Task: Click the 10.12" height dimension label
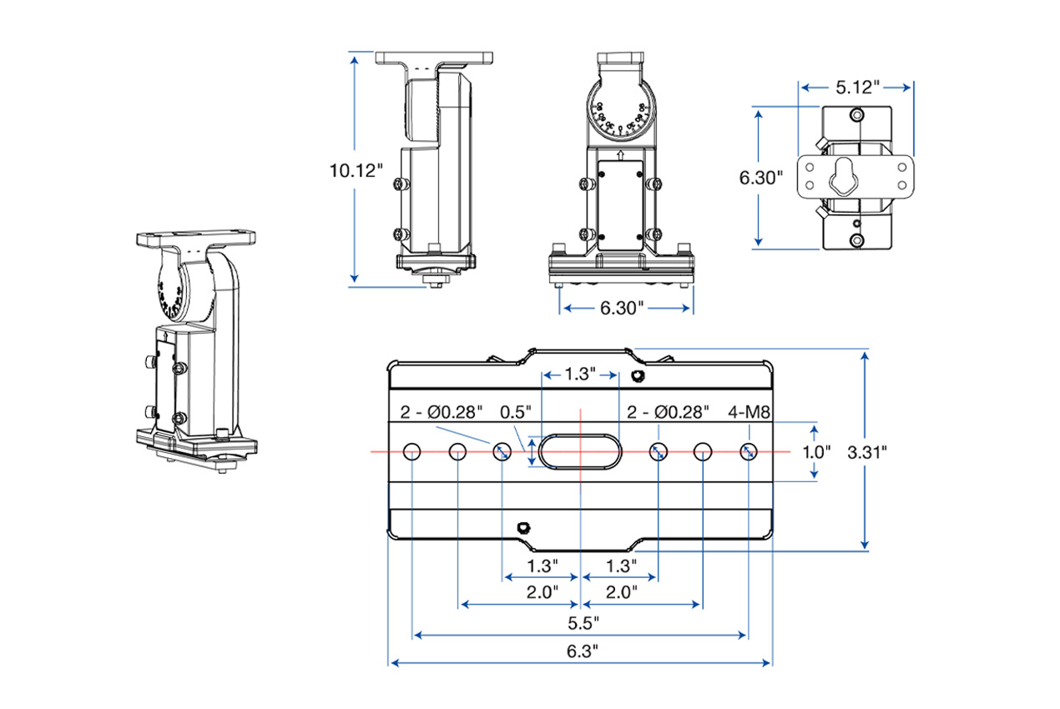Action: (x=356, y=171)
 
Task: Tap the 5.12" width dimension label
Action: (x=857, y=86)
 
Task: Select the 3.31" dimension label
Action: (x=866, y=451)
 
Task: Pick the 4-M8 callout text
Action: (x=749, y=411)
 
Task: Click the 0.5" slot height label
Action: (x=516, y=411)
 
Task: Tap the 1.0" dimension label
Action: (x=816, y=451)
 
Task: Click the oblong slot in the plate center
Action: (x=579, y=450)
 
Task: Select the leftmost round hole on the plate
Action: (x=412, y=451)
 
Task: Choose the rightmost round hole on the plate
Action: (x=748, y=451)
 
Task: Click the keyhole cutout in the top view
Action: (x=845, y=176)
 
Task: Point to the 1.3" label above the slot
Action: (x=580, y=375)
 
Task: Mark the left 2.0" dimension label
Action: (x=543, y=592)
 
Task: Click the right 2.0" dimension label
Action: (x=621, y=592)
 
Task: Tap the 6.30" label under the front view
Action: (x=623, y=309)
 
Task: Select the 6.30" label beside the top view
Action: (x=761, y=177)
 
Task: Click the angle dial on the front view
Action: (x=619, y=117)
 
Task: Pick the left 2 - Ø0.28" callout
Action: (x=442, y=411)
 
